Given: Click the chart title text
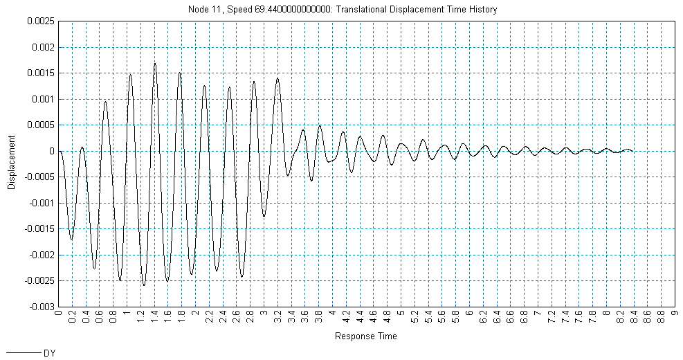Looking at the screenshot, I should pyautogui.click(x=342, y=10).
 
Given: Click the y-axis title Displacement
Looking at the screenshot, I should pyautogui.click(x=12, y=163).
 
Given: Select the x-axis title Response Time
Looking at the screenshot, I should pyautogui.click(x=365, y=336).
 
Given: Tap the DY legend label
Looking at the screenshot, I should pyautogui.click(x=49, y=353).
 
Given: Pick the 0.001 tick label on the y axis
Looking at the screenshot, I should pyautogui.click(x=42, y=99).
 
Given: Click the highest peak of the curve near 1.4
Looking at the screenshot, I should pyautogui.click(x=155, y=63).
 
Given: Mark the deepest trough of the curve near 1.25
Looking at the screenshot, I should pyautogui.click(x=144, y=285).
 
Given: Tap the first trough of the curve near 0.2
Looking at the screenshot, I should pyautogui.click(x=71, y=240).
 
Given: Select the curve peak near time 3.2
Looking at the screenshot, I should pyautogui.click(x=277, y=78).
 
